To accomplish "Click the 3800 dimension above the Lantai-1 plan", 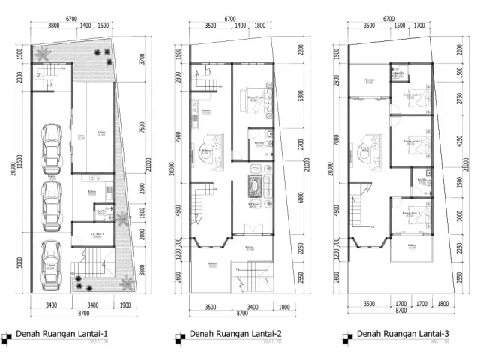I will (54, 25).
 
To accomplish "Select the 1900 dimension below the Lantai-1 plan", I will (124, 305).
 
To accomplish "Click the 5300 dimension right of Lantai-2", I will (300, 97).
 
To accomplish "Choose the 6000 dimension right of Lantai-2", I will (300, 198).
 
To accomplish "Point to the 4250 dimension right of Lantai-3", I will (460, 145).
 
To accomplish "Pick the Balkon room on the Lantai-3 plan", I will (411, 247).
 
